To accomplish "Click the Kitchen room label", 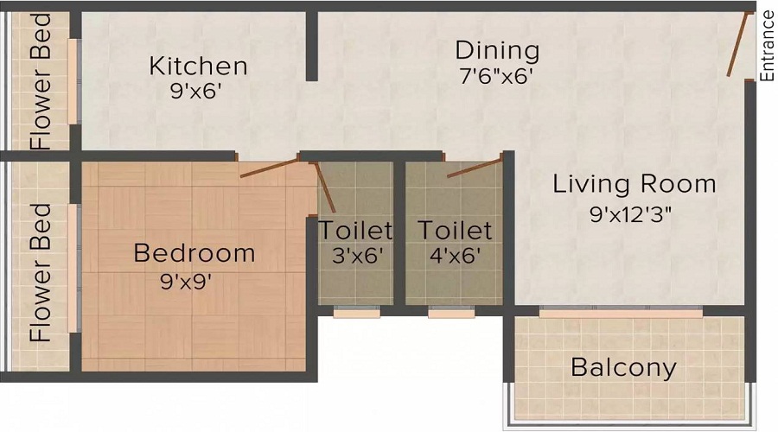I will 198,66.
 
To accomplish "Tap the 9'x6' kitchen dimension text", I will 198,92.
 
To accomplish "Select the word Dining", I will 497,50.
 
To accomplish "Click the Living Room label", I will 635,184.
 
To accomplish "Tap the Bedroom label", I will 194,253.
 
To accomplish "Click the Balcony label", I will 623,368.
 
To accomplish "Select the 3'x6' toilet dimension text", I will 355,256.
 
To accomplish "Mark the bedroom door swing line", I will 270,168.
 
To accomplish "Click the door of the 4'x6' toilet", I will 474,167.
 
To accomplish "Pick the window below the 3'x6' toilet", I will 355,313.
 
